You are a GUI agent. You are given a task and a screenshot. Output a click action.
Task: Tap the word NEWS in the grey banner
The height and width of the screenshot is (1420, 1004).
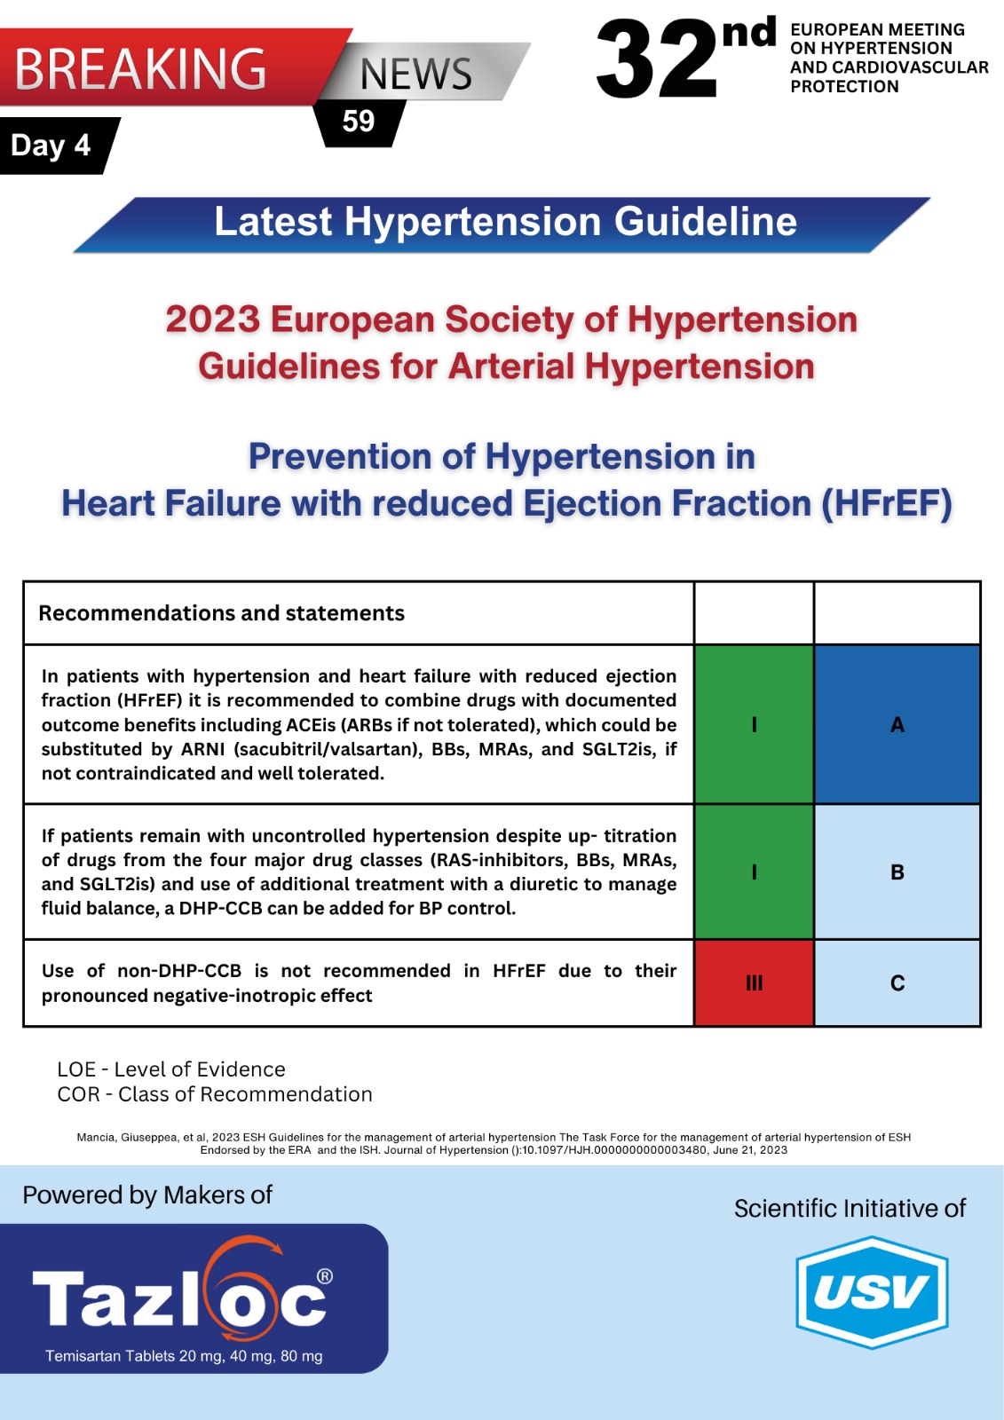[416, 75]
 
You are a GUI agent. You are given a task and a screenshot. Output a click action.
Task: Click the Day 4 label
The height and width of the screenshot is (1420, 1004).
[51, 146]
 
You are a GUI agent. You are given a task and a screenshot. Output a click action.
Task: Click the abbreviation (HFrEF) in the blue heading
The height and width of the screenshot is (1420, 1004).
[887, 504]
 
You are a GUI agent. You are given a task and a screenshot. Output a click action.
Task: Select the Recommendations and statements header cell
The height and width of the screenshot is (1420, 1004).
[359, 613]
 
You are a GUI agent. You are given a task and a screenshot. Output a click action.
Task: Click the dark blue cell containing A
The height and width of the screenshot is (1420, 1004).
[897, 724]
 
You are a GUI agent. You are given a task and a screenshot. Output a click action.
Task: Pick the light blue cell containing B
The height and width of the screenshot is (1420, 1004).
[897, 872]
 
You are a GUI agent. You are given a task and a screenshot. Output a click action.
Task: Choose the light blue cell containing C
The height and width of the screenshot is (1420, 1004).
[897, 983]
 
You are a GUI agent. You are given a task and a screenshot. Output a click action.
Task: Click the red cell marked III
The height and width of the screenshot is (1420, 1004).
[755, 983]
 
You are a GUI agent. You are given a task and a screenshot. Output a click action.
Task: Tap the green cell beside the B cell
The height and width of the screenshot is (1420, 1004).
[755, 872]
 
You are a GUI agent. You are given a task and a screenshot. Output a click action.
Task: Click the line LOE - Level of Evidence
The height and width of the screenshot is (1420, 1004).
[171, 1069]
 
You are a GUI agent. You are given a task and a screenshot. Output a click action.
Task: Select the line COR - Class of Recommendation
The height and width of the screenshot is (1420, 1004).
[214, 1094]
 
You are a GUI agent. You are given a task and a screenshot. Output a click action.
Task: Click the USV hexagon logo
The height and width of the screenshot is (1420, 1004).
[872, 1292]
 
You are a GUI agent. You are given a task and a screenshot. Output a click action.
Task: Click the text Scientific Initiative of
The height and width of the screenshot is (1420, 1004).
[850, 1208]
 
